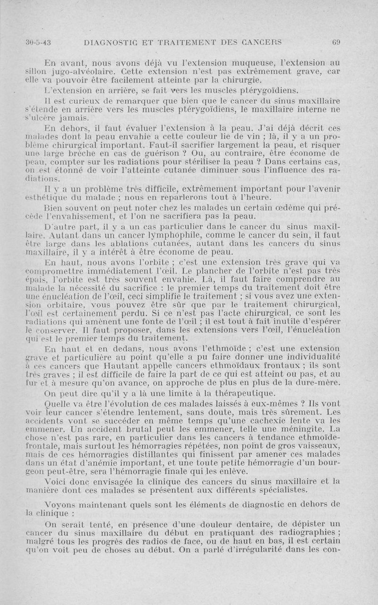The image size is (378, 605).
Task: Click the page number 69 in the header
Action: pos(336,42)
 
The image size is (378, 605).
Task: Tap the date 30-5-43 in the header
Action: pos(38,42)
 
